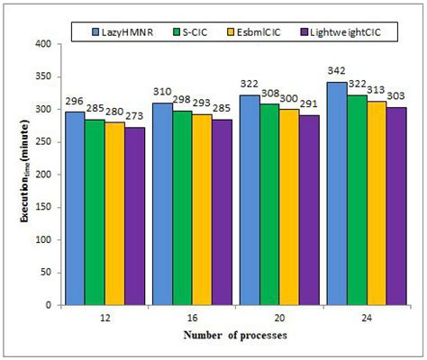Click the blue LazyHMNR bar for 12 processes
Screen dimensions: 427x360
tap(76, 209)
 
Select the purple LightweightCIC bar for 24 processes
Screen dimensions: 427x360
tap(396, 206)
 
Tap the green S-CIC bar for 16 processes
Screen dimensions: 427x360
tap(182, 208)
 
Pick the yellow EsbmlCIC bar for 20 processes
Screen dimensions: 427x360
tap(289, 207)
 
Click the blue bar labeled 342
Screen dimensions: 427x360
tap(337, 193)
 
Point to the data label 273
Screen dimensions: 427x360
tap(135, 116)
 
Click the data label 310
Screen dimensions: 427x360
tap(162, 92)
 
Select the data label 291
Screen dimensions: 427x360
tap(309, 104)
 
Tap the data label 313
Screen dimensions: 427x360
tap(376, 90)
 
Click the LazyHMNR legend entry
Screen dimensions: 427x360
tap(123, 32)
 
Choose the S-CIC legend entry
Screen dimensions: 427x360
tap(190, 32)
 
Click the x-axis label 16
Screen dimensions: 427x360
tap(192, 318)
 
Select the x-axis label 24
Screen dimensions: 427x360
tap(367, 318)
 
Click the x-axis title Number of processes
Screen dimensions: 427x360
tap(235, 335)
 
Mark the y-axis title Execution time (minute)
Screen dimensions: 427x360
tap(24, 171)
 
